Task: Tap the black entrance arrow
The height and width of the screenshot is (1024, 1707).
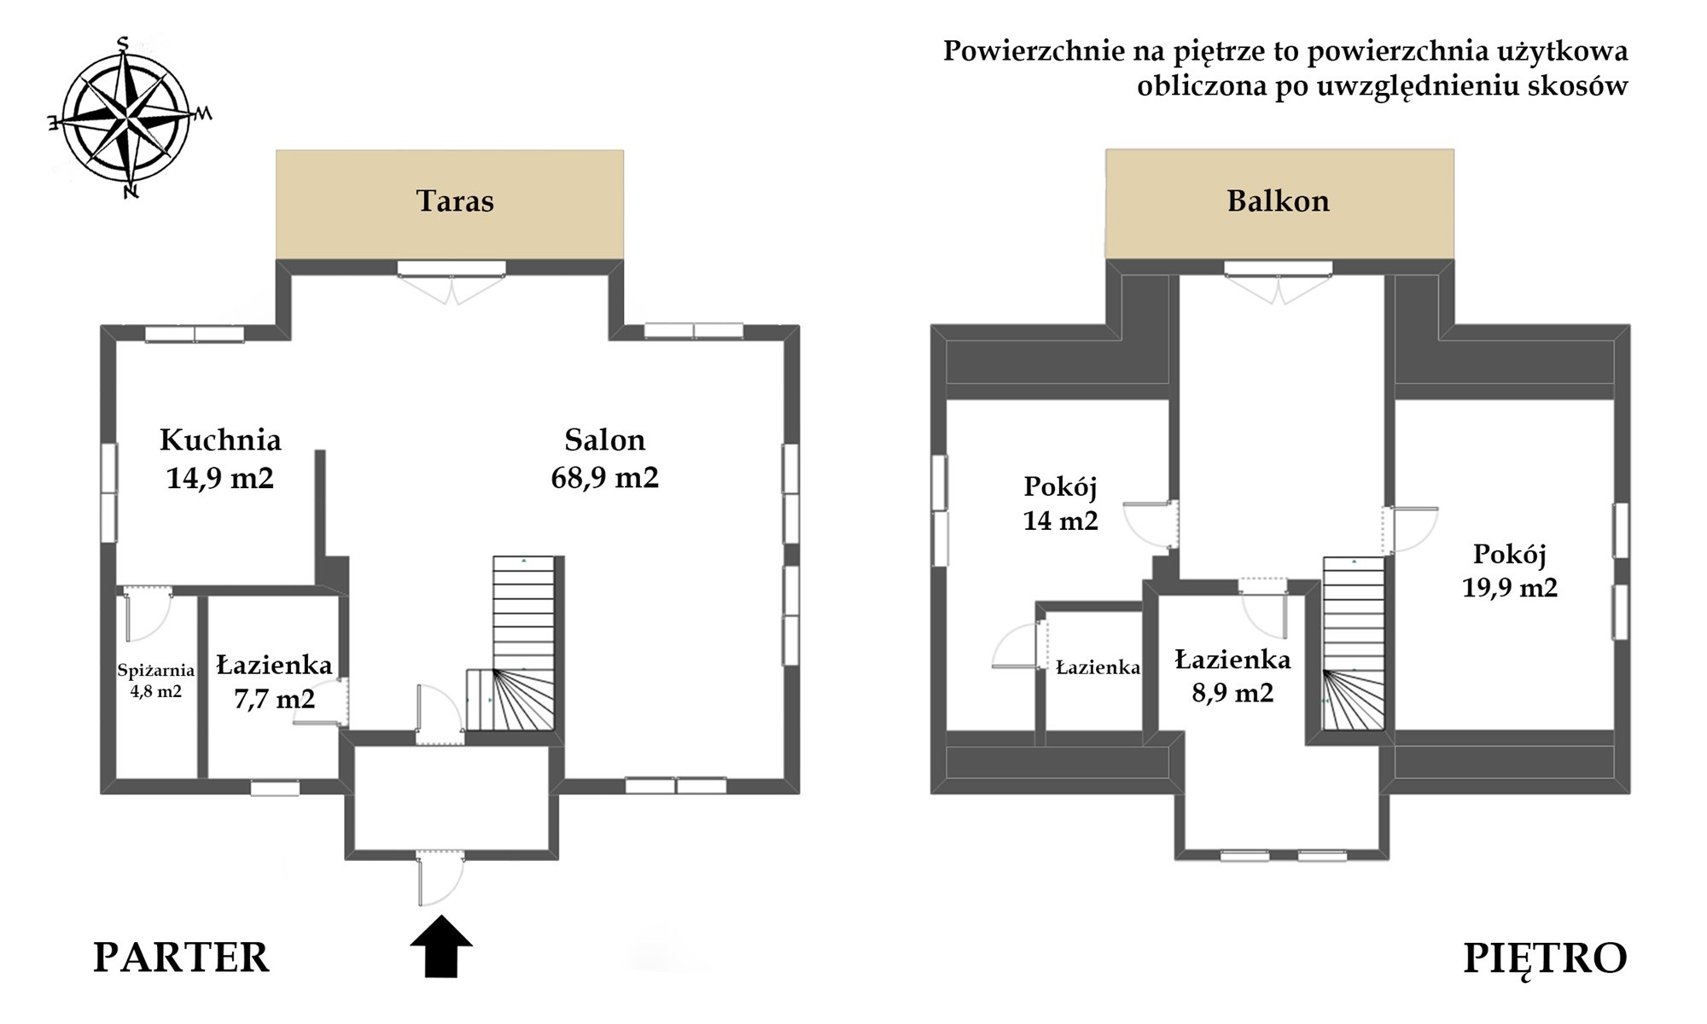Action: pyautogui.click(x=441, y=945)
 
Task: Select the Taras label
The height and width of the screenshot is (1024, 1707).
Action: pyautogui.click(x=455, y=201)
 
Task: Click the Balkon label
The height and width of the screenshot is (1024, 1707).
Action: pyautogui.click(x=1279, y=201)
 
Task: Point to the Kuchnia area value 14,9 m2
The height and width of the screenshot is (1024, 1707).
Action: pyautogui.click(x=220, y=478)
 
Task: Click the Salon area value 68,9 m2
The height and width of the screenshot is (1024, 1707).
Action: pyautogui.click(x=605, y=478)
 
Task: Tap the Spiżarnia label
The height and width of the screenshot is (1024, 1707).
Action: pyautogui.click(x=156, y=672)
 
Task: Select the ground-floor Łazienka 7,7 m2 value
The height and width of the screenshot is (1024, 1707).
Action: pyautogui.click(x=274, y=699)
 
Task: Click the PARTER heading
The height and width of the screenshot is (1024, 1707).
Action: pyautogui.click(x=181, y=957)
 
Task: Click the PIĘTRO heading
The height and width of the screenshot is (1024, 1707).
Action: pyautogui.click(x=1545, y=958)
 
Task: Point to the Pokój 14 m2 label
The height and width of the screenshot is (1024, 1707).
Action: pyautogui.click(x=1061, y=503)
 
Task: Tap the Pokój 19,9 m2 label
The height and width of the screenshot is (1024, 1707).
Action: pyautogui.click(x=1510, y=570)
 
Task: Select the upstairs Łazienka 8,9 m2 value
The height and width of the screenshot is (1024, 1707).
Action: pyautogui.click(x=1232, y=692)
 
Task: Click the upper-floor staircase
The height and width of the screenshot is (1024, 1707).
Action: pyautogui.click(x=1354, y=644)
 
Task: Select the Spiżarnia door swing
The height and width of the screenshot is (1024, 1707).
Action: pyautogui.click(x=147, y=613)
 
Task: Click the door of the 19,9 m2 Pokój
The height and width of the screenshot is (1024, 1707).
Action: pyautogui.click(x=1410, y=530)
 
